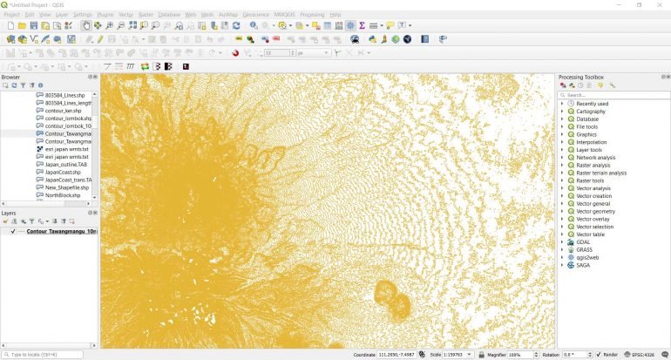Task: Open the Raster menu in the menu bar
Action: coord(146,15)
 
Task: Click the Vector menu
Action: coord(126,15)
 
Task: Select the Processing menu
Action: coord(312,15)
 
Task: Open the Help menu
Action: coord(336,15)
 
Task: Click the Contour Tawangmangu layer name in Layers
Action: coord(61,232)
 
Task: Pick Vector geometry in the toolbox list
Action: coord(595,211)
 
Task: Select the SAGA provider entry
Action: coord(584,265)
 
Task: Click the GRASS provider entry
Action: coord(586,249)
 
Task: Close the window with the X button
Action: coord(660,5)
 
